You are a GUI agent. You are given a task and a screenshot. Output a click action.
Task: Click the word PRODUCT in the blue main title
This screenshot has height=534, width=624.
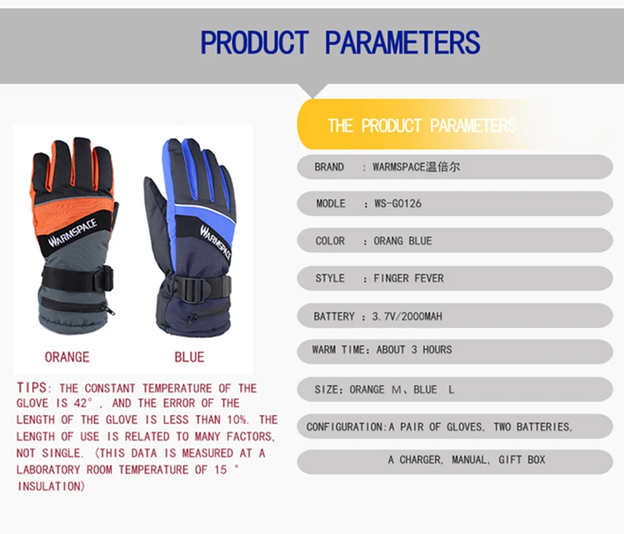click(255, 42)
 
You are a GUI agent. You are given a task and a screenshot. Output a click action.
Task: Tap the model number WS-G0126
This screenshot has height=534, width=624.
click(397, 204)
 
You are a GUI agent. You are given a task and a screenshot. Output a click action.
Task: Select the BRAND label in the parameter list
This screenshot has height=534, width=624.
click(329, 167)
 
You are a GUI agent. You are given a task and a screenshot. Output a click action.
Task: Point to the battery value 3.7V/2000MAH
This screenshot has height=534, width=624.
click(407, 316)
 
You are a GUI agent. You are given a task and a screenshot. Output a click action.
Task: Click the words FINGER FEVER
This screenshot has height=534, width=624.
click(409, 278)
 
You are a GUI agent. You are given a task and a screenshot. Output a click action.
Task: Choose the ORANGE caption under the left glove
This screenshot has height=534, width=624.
click(67, 357)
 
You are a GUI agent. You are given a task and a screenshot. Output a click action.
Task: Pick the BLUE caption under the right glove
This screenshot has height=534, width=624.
click(189, 357)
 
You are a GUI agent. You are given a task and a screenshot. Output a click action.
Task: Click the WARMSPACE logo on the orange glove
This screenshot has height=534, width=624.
click(73, 232)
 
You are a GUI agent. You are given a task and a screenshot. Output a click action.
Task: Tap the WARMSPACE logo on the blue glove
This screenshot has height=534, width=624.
click(215, 243)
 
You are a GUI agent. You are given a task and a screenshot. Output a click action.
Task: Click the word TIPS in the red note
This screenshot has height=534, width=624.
click(32, 387)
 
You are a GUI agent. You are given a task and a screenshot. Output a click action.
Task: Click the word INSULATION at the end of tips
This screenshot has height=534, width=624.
click(51, 487)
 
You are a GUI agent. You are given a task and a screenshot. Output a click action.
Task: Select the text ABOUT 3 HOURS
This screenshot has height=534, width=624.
click(414, 349)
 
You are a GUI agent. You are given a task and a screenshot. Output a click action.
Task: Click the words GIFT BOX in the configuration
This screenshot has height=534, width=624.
click(522, 460)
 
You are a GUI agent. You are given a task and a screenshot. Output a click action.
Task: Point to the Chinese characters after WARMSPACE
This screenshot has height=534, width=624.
click(443, 167)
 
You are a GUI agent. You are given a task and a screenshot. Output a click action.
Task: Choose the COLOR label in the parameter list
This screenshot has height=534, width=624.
click(330, 241)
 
